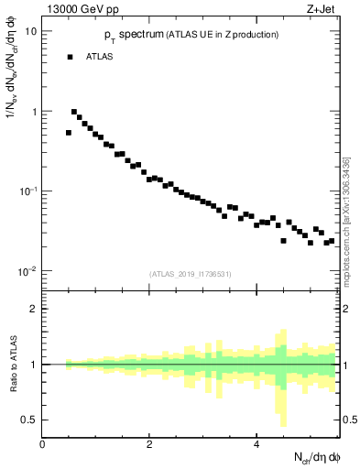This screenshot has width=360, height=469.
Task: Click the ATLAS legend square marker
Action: [69, 57]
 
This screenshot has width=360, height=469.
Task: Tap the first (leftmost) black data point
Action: [69, 133]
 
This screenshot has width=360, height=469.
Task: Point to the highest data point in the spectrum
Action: [74, 112]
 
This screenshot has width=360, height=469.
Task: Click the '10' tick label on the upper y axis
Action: [31, 31]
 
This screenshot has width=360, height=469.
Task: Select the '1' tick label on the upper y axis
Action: [34, 112]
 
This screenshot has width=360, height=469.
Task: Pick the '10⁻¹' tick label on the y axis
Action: [29, 191]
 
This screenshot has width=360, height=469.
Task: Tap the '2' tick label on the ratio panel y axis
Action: [34, 309]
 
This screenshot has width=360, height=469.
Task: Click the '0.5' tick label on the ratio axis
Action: [30, 420]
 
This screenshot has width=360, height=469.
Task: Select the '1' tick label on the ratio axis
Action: [34, 365]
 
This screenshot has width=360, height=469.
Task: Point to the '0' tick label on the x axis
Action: [42, 443]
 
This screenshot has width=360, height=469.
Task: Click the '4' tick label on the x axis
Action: [256, 443]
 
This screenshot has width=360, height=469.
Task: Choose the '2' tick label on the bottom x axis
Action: [149, 443]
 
